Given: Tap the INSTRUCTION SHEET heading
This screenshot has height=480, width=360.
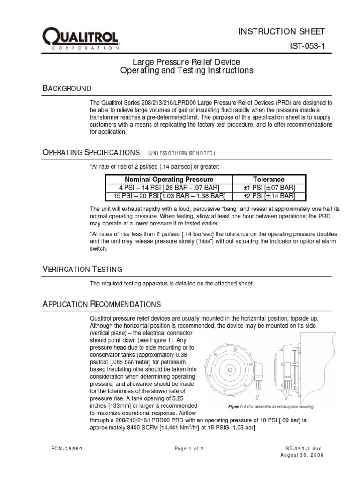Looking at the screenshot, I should coord(281,31).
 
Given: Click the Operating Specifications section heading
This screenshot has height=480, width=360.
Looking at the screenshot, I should coord(91,152).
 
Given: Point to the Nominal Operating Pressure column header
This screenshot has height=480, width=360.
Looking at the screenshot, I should coord(169,179).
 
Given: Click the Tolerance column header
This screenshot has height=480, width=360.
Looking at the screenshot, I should coord(269,179).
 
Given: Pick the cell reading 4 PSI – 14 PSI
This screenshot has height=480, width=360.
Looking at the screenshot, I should coord(169,187).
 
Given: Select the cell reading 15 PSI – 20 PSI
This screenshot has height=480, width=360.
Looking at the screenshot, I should coord(169,195).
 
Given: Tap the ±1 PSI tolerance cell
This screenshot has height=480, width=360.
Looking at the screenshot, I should coord(269,187).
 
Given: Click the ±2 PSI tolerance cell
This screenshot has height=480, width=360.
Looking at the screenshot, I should coord(269,195).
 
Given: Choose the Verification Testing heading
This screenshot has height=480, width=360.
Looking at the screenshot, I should coord(82,269).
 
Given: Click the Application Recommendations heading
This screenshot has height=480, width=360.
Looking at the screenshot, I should coord(102,304).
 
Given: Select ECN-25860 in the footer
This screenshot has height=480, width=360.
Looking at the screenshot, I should coord(67,449).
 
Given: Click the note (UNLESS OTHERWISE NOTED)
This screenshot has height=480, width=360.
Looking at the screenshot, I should coord(181,153).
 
